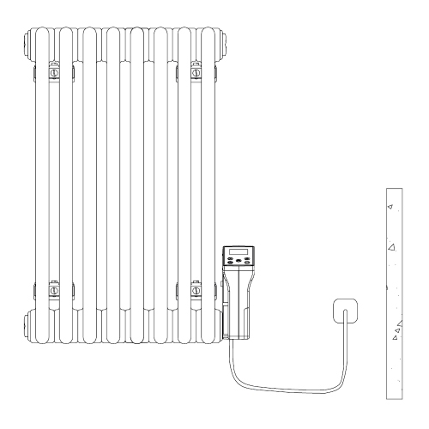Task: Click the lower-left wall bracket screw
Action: [55, 291]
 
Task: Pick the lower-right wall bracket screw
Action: [196, 291]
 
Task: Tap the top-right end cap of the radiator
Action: [221, 40]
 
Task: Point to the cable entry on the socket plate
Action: [346, 319]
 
